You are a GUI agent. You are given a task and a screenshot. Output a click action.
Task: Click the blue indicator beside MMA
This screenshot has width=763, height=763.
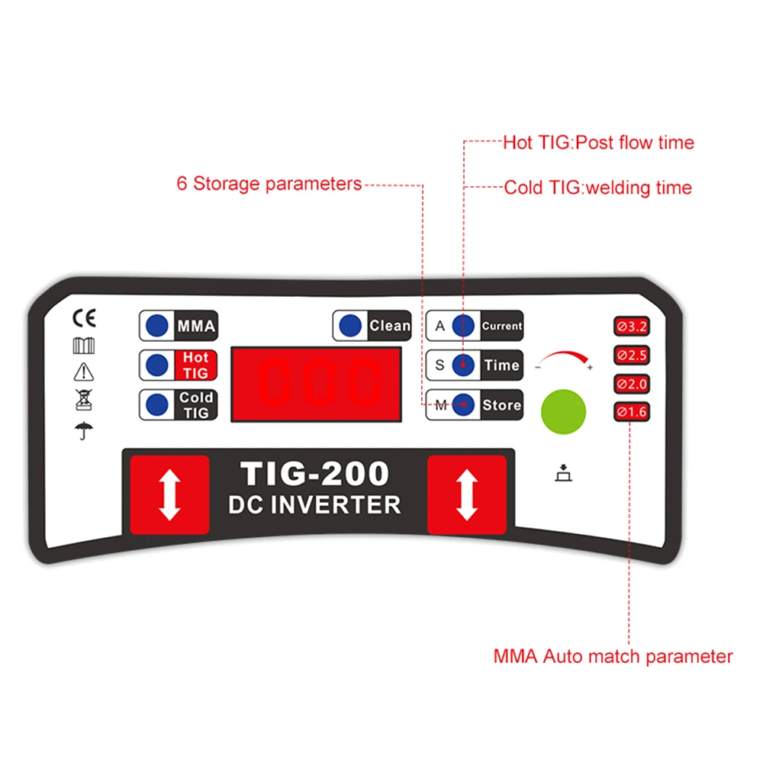pos(157,326)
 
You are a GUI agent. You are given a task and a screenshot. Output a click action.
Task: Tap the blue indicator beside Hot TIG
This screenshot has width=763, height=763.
pos(157,365)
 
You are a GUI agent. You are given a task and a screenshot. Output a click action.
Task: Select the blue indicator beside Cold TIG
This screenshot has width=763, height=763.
pos(157,404)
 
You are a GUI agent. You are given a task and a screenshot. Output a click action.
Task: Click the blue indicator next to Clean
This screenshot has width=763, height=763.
pos(351,326)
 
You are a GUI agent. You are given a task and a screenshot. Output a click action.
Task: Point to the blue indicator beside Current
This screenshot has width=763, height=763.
pos(462,326)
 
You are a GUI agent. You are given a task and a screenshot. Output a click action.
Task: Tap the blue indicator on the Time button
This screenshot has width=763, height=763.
pos(462,365)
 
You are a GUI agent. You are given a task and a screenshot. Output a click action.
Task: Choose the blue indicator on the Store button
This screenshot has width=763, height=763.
pos(462,405)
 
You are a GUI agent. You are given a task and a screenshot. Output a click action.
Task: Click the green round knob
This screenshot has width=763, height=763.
pos(563,412)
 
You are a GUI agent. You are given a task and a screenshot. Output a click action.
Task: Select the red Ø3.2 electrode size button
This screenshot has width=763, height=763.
pos(631,327)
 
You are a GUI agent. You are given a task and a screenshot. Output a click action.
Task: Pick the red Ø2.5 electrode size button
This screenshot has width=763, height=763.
pos(631,356)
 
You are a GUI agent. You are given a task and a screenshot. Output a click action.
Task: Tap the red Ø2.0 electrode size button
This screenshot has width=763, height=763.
pos(631,384)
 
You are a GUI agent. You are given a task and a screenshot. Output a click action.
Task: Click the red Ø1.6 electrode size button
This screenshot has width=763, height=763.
pos(631,412)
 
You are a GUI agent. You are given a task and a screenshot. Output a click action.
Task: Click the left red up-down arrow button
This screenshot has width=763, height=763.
pos(169,494)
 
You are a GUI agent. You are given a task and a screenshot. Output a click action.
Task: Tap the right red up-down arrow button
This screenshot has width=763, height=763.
pos(466,494)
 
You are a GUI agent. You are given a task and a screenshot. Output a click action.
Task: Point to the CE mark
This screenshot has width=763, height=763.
pos(82,317)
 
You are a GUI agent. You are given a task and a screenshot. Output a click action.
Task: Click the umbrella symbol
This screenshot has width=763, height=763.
pos(82,430)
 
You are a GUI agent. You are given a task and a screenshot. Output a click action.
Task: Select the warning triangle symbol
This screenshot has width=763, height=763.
pos(82,372)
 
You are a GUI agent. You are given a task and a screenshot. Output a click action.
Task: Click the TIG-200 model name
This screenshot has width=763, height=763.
pos(315,474)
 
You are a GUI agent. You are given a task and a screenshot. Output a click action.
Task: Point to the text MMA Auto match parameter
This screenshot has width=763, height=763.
pos(613,656)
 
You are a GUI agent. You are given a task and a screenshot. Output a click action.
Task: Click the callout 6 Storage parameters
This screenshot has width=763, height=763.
pos(269,184)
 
